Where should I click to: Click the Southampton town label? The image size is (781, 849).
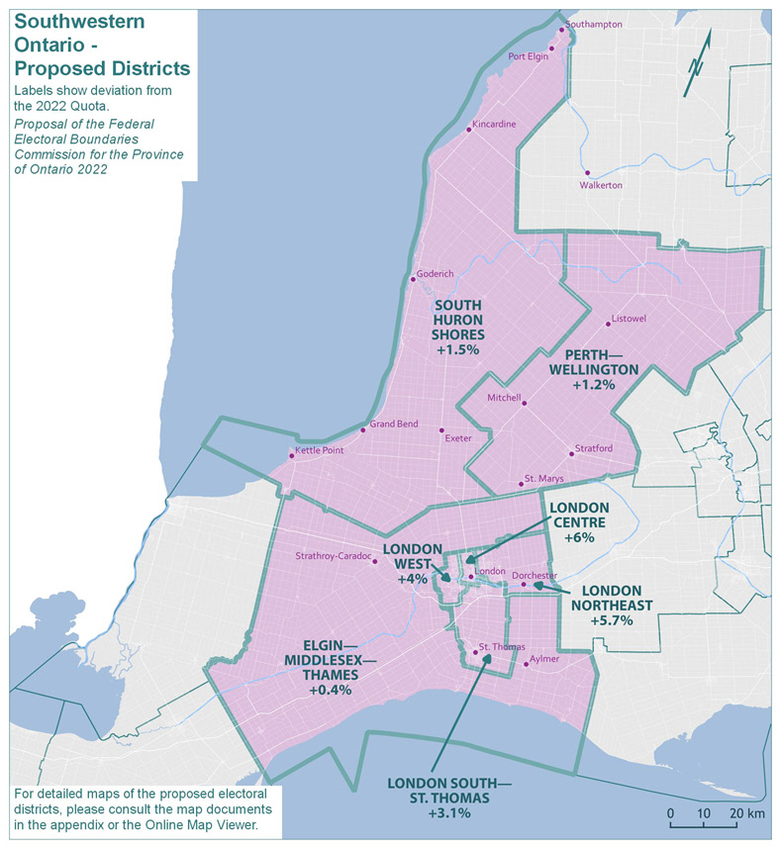click(x=594, y=24)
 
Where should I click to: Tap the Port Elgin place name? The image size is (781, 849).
click(x=528, y=56)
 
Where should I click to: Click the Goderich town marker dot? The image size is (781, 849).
click(x=412, y=278)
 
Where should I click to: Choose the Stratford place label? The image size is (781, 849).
click(x=593, y=449)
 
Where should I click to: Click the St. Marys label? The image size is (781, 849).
click(x=543, y=479)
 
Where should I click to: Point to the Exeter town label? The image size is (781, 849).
click(x=458, y=437)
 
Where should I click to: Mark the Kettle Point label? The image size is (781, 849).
click(x=320, y=451)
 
